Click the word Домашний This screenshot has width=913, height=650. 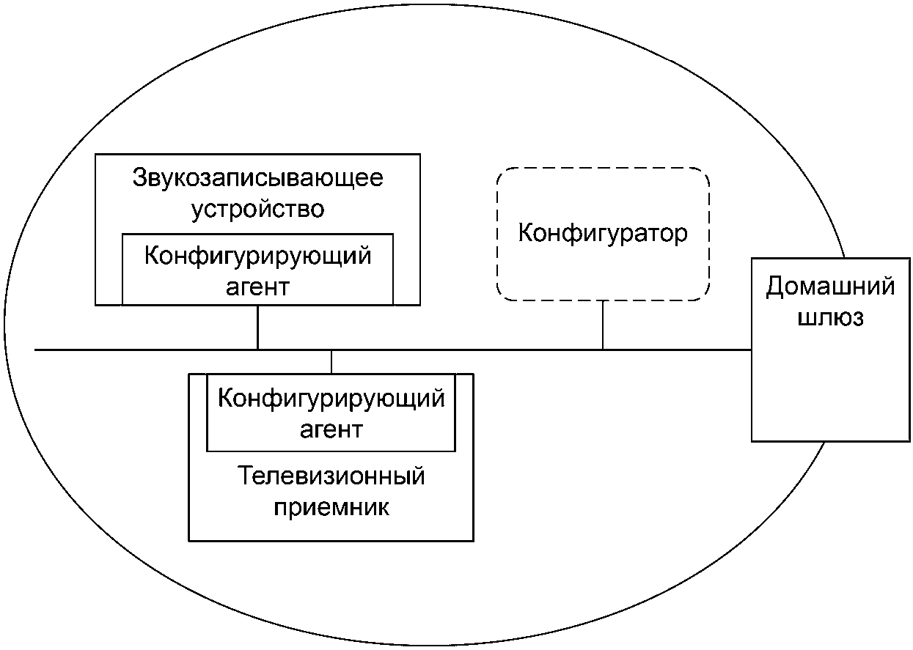830,287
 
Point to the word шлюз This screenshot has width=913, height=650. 830,317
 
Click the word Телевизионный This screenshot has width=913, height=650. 331,476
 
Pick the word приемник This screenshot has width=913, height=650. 331,508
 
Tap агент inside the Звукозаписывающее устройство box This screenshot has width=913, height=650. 257,288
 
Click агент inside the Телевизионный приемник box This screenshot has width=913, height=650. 331,430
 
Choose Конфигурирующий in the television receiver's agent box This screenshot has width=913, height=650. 331,399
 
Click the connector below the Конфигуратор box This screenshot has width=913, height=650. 602,325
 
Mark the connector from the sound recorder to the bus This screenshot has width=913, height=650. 257,328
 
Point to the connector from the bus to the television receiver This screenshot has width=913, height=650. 331,362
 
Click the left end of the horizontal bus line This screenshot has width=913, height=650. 35,350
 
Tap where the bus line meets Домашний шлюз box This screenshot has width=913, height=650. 752,350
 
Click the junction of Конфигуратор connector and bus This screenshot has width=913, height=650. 602,350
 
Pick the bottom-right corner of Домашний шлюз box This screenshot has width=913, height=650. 909,441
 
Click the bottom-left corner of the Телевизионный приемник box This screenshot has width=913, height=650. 189,541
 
